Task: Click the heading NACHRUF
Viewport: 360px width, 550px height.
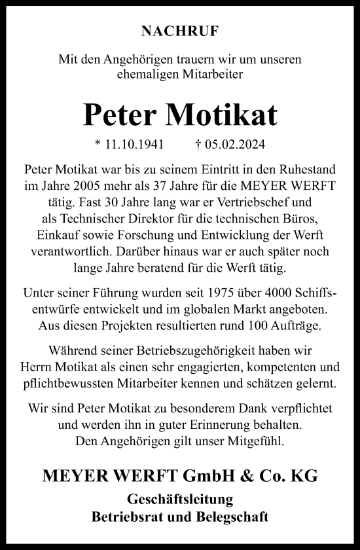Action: pos(179,30)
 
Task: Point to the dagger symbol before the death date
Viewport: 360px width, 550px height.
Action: pos(198,144)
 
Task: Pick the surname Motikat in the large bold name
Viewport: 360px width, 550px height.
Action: pos(223,115)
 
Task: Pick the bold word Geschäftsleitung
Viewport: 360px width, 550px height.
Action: pos(179,500)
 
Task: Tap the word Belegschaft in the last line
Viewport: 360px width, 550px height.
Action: pos(230,517)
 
